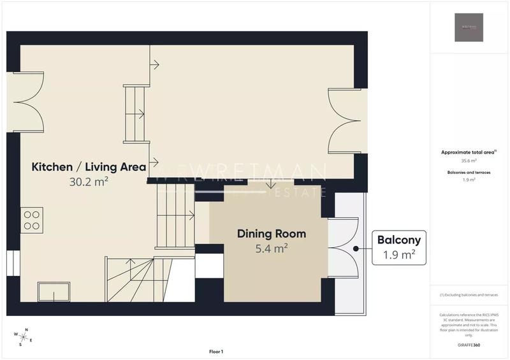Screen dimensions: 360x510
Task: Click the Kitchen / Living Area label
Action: coord(89,167)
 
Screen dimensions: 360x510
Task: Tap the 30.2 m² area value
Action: coord(89,182)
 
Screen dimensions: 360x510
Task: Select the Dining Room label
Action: coord(272,234)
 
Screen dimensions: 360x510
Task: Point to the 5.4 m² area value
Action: coord(272,248)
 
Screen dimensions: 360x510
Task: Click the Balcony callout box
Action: coord(399,248)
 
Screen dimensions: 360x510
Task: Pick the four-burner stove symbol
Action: coord(32,220)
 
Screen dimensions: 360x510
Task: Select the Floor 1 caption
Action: coord(216,352)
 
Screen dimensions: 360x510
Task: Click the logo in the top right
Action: coord(469,27)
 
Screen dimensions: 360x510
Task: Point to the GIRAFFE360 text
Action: coord(469,344)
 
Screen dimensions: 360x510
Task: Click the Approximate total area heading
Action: coord(469,152)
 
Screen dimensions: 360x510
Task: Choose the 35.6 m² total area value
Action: coord(469,161)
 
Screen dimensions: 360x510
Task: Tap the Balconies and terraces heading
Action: coord(469,172)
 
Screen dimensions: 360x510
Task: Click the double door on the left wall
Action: coord(25,102)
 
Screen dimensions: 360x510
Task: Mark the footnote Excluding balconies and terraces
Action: coord(469,295)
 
